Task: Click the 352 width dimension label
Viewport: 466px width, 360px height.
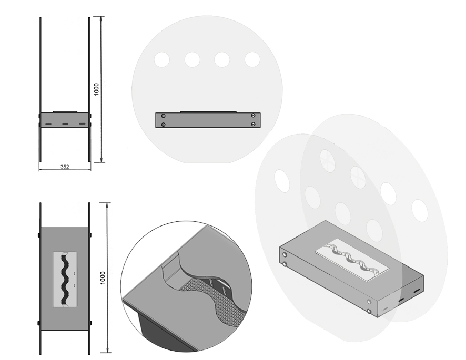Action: tap(65, 167)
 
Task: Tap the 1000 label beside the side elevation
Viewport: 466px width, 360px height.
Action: tap(96, 89)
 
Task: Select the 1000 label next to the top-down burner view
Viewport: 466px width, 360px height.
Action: tap(103, 277)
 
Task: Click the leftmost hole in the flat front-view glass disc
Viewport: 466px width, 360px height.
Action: tap(162, 60)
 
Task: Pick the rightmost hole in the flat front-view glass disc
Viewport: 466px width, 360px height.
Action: tap(252, 60)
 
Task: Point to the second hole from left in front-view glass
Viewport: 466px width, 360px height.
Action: tap(192, 60)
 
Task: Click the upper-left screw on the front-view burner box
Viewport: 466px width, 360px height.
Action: tap(163, 116)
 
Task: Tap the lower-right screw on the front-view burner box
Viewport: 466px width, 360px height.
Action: tap(253, 124)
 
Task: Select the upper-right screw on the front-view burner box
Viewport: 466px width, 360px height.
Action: tap(253, 115)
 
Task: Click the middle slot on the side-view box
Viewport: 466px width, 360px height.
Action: tap(65, 124)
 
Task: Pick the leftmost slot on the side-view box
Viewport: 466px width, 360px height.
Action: tap(48, 124)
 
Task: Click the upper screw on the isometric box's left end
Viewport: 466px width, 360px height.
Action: tap(285, 255)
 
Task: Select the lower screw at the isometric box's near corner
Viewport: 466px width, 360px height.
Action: tap(369, 311)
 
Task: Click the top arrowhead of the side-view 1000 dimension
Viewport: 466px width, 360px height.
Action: tap(102, 18)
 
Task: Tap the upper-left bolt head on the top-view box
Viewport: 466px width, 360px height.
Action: tap(39, 235)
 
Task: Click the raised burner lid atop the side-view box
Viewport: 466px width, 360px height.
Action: tap(65, 112)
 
